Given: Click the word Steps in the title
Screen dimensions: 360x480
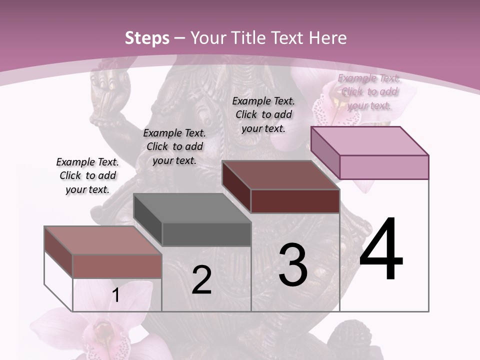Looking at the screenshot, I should pos(147,38).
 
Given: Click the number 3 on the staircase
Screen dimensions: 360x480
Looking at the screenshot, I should pos(293,264).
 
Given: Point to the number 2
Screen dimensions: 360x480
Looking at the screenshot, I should pos(201,280).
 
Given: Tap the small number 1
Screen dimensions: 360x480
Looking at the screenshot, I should pos(116,295).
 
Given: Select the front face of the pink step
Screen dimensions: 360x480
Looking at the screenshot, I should pos(384,166).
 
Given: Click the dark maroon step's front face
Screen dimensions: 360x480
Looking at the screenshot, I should pos(295,201).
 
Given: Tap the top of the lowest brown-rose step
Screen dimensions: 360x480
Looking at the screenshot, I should pos(102,240).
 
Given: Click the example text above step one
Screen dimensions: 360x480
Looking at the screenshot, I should pos(87,175).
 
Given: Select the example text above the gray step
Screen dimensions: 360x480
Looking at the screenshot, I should pos(174,146).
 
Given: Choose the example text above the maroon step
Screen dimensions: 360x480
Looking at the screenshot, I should pos(263,114).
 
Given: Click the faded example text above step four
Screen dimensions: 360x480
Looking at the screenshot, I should pos(369,91).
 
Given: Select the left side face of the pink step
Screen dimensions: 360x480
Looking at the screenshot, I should pos(325,152).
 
